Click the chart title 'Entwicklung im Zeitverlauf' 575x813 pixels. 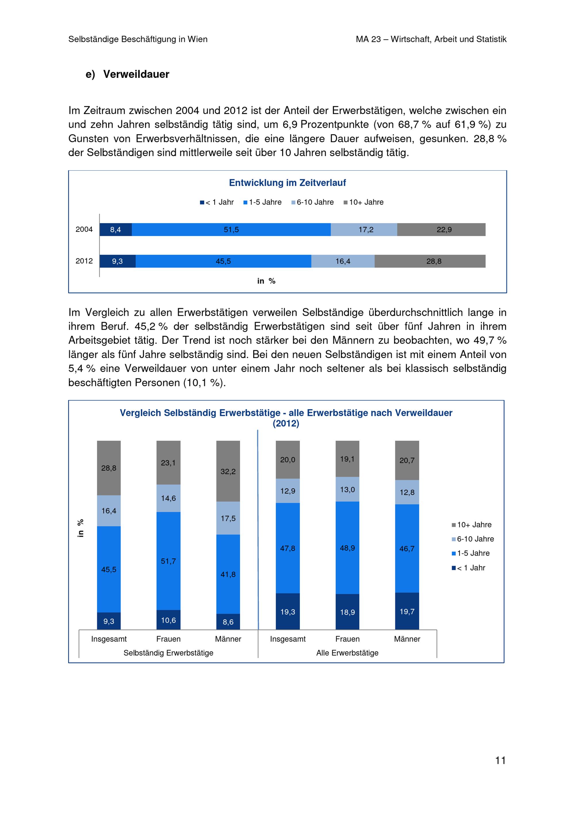(287, 183)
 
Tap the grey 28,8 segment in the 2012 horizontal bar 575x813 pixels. (430, 261)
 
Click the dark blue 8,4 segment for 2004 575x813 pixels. (116, 230)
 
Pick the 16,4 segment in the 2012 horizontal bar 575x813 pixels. (343, 261)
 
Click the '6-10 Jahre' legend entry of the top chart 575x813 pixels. (313, 202)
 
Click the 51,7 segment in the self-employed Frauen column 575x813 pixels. (168, 561)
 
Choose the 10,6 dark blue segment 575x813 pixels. (168, 620)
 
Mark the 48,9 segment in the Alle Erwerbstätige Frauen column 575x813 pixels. (347, 548)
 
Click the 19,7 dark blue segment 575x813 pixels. (407, 612)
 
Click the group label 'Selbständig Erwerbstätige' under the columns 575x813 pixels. (168, 653)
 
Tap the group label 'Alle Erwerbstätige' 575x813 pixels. (347, 653)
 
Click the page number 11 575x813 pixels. (500, 760)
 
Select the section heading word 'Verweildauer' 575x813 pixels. (136, 74)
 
